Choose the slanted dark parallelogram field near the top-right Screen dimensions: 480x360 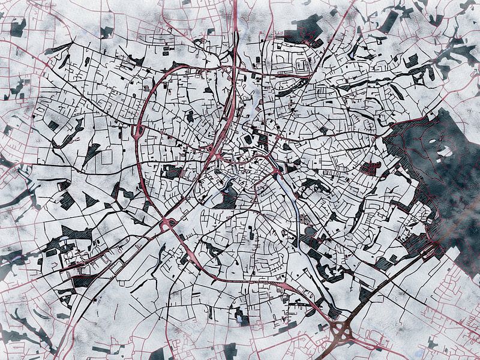point(388,22)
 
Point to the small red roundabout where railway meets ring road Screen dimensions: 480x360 point(170,223)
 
